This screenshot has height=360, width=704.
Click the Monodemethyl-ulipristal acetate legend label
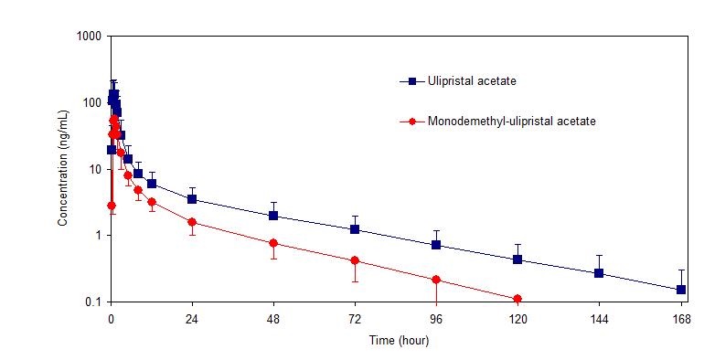coord(512,121)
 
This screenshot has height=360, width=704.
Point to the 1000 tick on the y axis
coord(90,37)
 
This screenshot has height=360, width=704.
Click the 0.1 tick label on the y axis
coord(93,302)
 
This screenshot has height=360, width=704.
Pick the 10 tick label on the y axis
coord(96,169)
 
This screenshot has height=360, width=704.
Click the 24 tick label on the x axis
coord(192,319)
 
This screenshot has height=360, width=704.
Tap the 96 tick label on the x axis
coord(436,319)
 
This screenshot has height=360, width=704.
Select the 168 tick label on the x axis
coord(680,319)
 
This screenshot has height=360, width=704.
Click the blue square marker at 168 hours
coord(680,290)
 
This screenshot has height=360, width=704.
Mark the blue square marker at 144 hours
coord(599,273)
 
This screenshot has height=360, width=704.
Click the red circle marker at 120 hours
coord(517,299)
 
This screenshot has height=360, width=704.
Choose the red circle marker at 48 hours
coord(273,243)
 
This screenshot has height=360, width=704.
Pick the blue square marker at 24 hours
coord(192,199)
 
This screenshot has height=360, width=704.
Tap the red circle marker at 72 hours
coord(355,260)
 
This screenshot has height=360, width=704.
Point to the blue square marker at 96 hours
coord(436,245)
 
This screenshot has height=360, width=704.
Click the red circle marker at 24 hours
coord(192,222)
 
